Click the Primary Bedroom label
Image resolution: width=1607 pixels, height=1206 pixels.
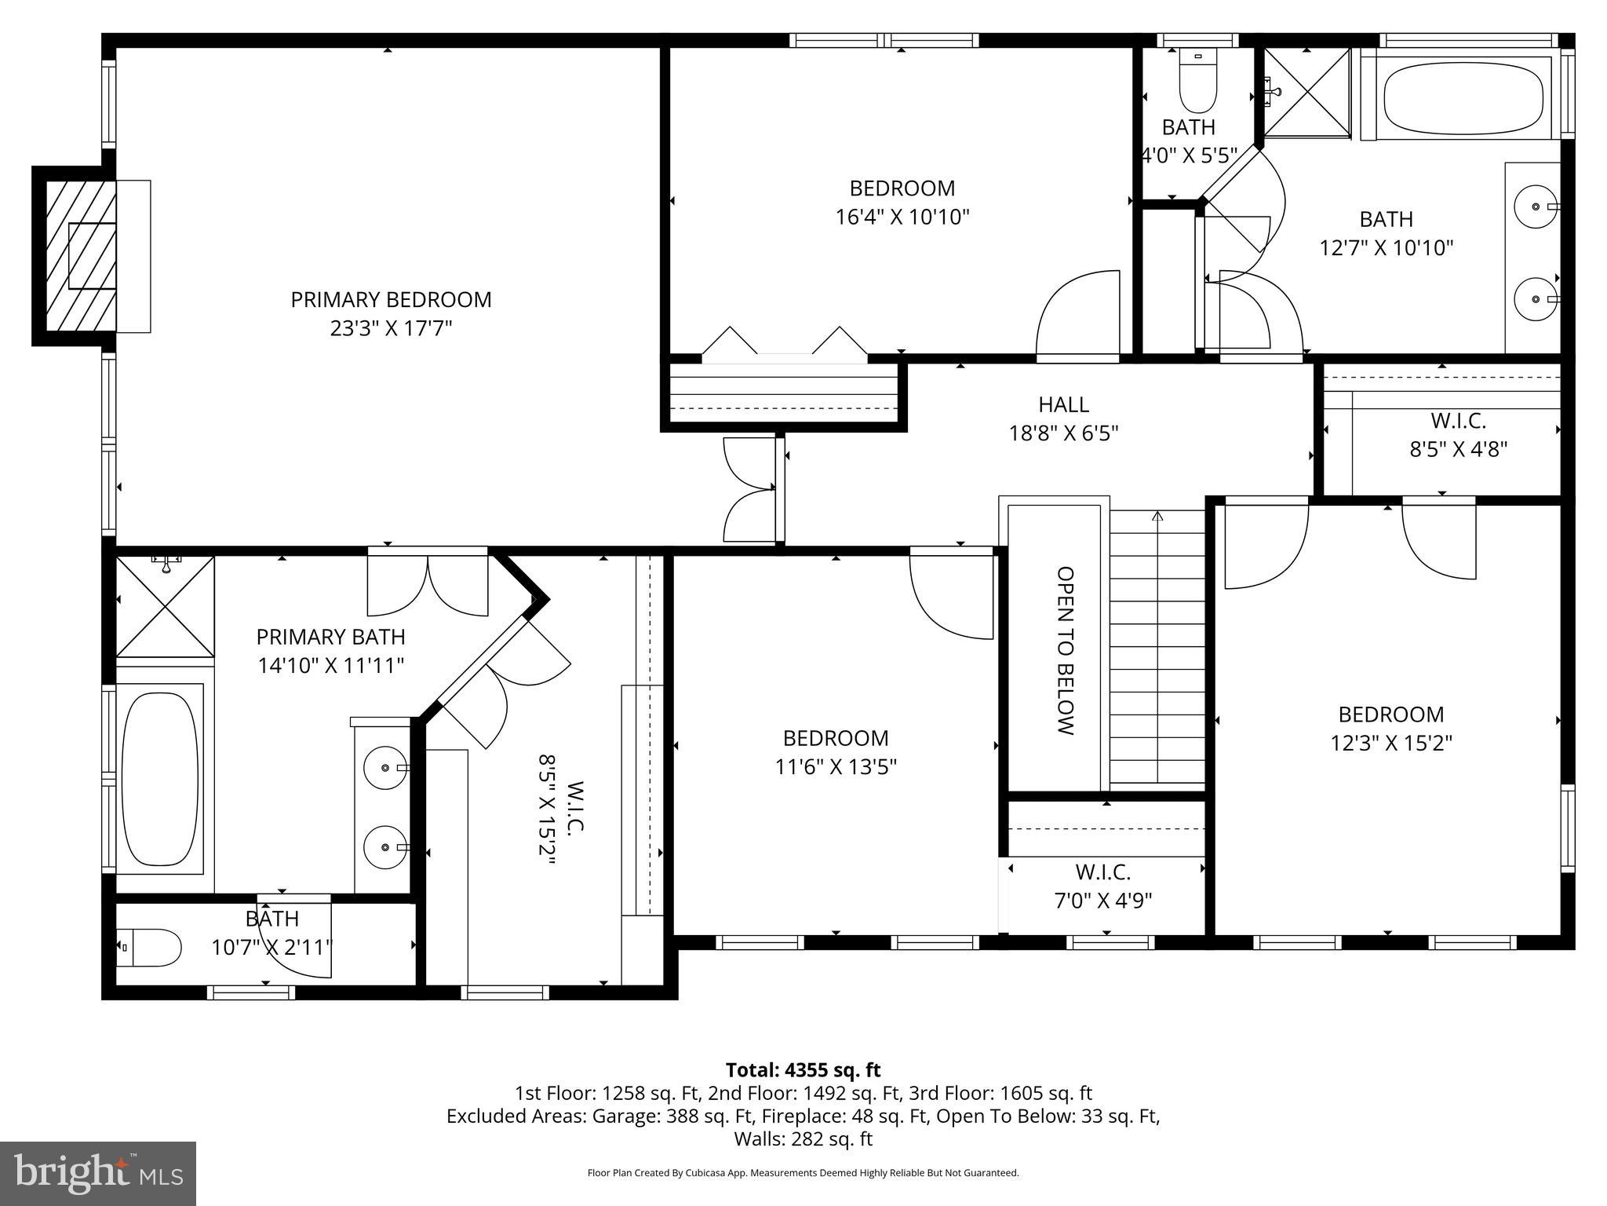[x=391, y=300]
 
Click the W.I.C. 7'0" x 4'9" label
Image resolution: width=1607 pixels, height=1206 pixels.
[x=1102, y=886]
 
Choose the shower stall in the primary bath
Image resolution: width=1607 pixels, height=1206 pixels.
[x=165, y=606]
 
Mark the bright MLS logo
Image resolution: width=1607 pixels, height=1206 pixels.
[x=98, y=1173]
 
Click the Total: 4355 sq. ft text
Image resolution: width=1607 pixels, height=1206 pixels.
[x=803, y=1070]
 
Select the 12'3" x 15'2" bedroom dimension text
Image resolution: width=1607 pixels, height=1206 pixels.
[x=1390, y=743]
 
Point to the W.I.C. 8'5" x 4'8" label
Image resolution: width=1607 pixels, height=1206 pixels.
[x=1458, y=434]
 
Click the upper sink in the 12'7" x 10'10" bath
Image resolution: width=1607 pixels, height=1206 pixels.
[x=1535, y=206]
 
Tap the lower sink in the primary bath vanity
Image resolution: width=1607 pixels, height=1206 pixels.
[x=385, y=847]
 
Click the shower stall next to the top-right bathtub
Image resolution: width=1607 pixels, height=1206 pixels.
[x=1307, y=92]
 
